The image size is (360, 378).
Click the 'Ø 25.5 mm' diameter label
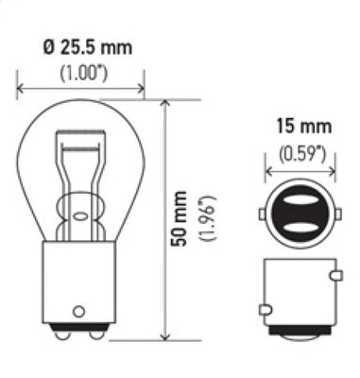(81, 45)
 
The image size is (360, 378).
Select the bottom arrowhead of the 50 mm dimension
(164, 335)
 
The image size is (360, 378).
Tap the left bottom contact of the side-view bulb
(68, 334)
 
